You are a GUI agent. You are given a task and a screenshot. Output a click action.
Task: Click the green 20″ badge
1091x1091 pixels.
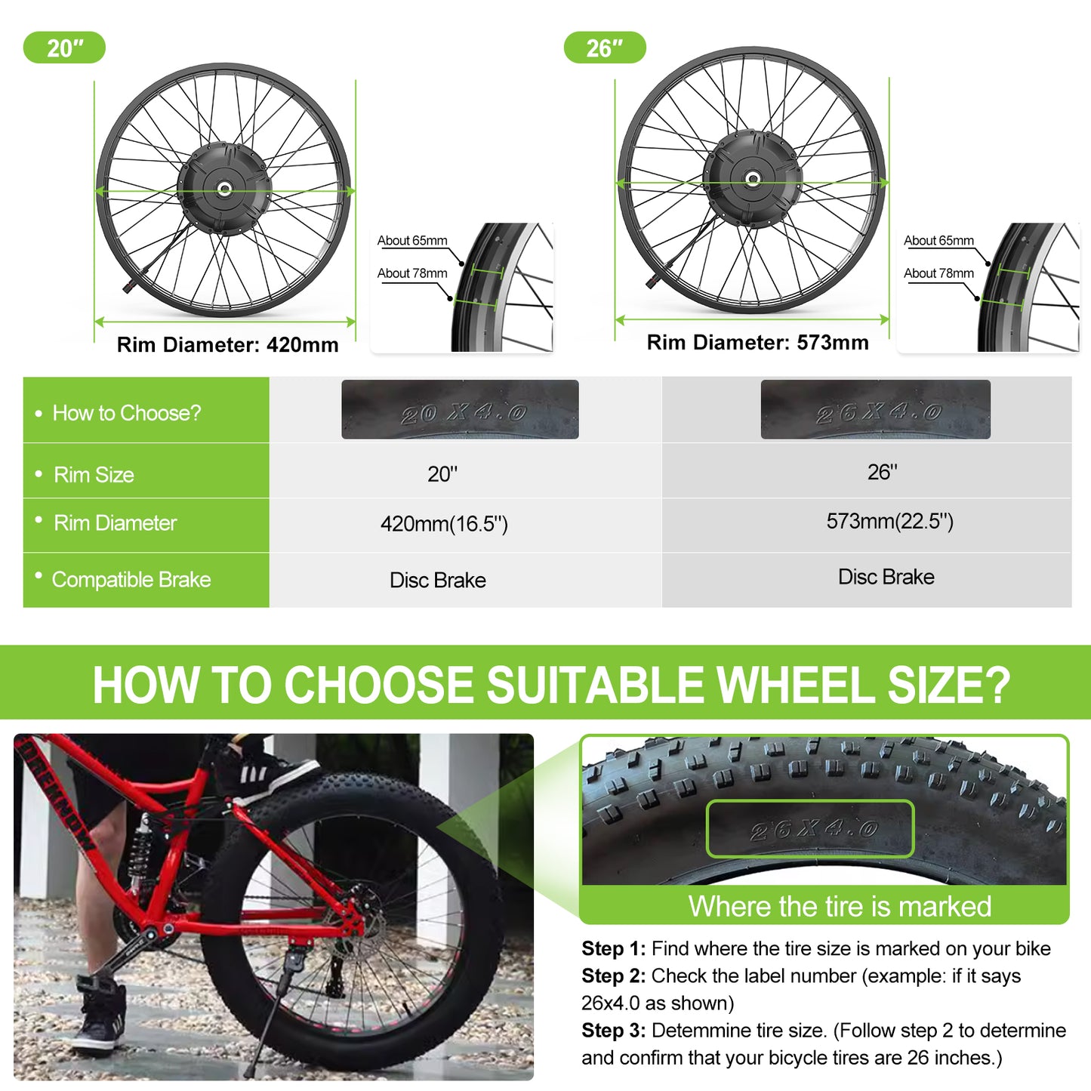64,48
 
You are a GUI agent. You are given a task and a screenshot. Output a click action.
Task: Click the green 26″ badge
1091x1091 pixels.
605,48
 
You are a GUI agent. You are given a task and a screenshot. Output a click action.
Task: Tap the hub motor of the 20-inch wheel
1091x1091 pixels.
223,188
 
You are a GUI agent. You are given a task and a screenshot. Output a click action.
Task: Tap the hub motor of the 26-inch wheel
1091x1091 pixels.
752,179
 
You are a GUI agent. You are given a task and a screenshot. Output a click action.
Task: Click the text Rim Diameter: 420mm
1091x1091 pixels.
227,345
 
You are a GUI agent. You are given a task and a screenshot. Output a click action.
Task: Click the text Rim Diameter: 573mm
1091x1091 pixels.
757,343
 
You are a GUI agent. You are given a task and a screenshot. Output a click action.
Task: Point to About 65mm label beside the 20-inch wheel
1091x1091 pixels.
412,241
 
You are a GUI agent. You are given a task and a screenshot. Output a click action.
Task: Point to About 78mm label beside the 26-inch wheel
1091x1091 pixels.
938,273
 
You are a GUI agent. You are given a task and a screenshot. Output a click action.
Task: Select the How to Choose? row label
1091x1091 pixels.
127,413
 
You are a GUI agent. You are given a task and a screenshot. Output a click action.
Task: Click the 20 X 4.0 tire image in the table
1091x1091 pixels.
460,410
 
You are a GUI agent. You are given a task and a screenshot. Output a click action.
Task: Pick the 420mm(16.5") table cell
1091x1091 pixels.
444,524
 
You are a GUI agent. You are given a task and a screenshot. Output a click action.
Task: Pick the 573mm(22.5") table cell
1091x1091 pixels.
889,522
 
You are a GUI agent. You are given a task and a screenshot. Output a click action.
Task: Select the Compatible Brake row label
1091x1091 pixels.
131,580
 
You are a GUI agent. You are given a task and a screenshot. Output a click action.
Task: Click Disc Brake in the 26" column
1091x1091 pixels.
886,578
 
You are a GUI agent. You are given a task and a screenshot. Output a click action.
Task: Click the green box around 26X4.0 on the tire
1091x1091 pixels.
810,829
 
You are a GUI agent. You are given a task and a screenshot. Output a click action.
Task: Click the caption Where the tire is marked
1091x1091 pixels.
840,906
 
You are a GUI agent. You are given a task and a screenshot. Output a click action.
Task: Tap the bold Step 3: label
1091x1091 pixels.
613,1031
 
